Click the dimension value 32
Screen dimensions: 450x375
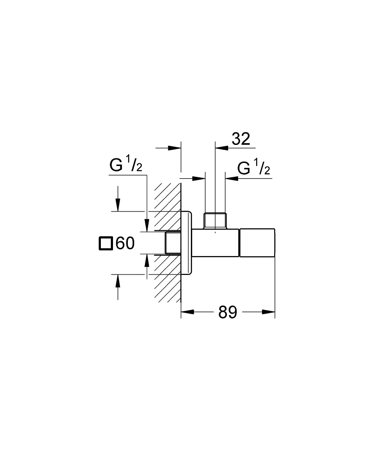[x=241, y=139]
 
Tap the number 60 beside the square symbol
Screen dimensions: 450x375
[x=125, y=243]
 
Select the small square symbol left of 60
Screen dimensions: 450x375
[x=105, y=243]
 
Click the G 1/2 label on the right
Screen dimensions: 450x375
[x=254, y=169]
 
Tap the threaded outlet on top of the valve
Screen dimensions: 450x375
[x=215, y=220]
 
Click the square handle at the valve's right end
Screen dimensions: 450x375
[x=257, y=243]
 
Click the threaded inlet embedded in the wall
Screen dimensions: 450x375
[x=172, y=243]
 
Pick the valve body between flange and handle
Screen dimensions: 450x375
[x=216, y=243]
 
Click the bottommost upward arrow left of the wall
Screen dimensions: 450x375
[x=118, y=281]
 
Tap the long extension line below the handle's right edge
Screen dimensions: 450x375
[x=275, y=288]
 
